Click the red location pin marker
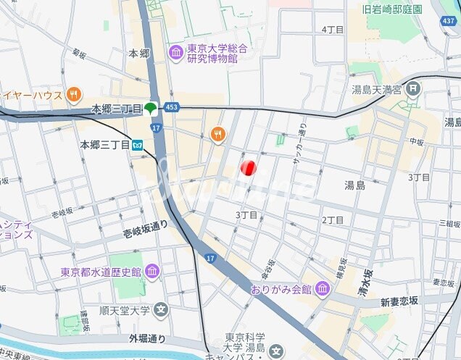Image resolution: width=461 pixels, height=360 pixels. [248, 168]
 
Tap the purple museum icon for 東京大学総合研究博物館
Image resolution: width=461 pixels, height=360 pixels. [175, 52]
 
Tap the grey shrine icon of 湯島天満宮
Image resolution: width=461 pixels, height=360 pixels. [413, 90]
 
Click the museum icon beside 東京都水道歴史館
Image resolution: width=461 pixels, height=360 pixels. [152, 272]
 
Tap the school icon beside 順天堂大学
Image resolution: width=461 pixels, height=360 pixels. [161, 311]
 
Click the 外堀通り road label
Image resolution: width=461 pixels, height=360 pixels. [147, 338]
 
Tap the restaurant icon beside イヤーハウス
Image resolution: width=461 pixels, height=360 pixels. [73, 94]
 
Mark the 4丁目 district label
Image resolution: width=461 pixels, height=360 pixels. [332, 29]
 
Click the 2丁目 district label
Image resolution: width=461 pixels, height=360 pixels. [333, 219]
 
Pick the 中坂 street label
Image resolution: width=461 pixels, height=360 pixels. [415, 143]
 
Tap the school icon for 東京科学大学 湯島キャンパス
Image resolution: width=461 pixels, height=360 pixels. [275, 351]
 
